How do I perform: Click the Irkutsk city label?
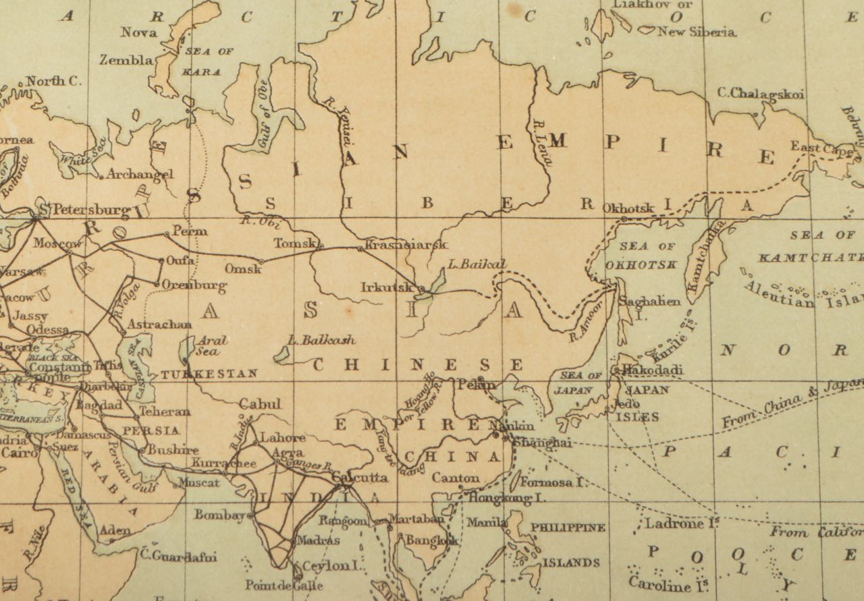point(386,287)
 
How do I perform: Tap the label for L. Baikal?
point(476,264)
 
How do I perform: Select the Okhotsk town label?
point(627,208)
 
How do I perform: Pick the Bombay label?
point(219,515)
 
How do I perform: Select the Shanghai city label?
point(542,442)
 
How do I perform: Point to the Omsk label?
point(242,268)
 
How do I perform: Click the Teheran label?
point(165,411)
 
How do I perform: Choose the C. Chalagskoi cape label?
point(761,94)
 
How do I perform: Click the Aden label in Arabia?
point(115,531)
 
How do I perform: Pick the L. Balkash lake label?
point(321,340)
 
